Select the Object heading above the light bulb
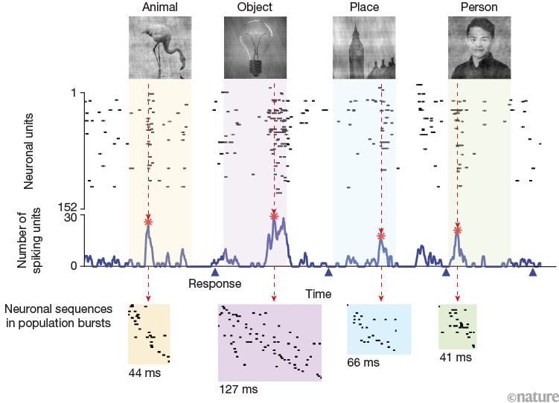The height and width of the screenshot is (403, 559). tap(255, 7)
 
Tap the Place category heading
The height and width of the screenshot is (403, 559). tap(363, 7)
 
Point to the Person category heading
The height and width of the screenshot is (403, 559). tap(478, 7)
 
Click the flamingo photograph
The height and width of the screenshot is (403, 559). tap(159, 48)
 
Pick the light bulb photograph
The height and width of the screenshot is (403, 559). tap(255, 48)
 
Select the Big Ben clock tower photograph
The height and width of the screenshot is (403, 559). tap(363, 48)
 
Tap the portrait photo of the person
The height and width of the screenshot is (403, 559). tap(478, 48)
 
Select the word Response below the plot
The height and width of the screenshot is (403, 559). tap(214, 283)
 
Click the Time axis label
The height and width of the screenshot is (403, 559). tap(318, 294)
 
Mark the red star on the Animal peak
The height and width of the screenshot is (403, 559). tap(149, 222)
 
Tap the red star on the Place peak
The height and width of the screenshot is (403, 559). tap(381, 235)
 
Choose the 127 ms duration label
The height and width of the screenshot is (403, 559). tap(237, 389)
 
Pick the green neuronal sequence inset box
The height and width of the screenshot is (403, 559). tap(457, 325)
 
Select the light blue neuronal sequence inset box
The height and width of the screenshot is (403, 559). tap(379, 328)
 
